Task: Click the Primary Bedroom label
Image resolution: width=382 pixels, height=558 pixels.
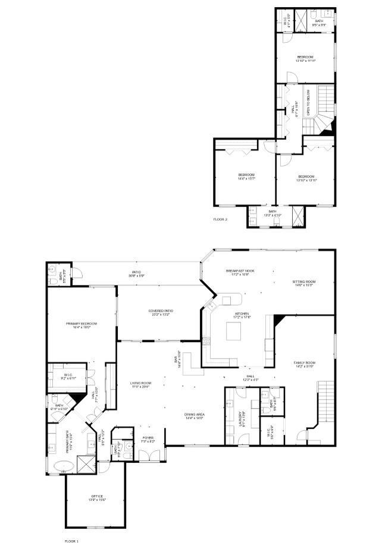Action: point(82,325)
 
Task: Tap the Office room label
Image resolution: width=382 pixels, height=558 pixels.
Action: point(97,497)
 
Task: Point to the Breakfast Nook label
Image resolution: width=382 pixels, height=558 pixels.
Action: point(240,272)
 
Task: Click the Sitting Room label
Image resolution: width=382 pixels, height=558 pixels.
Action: point(303,283)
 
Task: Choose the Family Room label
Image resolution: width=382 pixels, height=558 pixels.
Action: point(303,364)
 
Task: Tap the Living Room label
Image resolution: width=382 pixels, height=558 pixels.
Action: point(141,384)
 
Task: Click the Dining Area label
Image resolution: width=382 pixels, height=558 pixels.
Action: point(195,416)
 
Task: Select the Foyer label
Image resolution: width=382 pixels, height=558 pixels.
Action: point(148,440)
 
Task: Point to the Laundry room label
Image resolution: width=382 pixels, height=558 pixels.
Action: point(242,416)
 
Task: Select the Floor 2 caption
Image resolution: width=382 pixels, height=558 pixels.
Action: point(221,220)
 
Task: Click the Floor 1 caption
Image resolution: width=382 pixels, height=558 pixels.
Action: point(71,541)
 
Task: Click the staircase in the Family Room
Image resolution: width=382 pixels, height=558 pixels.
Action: point(325,402)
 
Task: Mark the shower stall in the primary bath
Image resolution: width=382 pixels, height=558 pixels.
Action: point(86,463)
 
